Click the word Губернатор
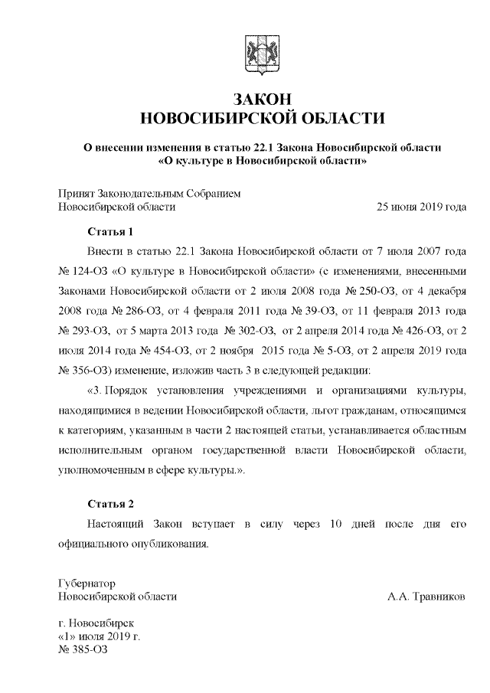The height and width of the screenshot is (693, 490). point(87,583)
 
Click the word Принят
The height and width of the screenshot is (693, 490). point(75,194)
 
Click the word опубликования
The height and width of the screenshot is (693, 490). point(169,544)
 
